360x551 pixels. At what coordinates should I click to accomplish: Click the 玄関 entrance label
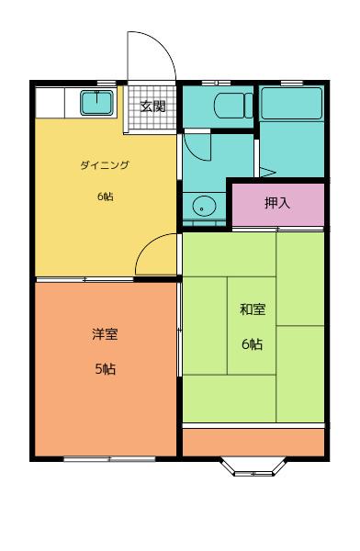[153, 106]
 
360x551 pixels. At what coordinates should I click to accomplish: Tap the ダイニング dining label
[105, 164]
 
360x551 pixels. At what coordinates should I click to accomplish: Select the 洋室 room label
[105, 333]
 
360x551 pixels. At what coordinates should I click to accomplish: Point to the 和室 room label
[253, 309]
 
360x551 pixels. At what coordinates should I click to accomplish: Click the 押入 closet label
[277, 203]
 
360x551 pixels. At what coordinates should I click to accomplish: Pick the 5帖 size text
[105, 369]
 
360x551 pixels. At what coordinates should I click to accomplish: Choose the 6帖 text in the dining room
[105, 197]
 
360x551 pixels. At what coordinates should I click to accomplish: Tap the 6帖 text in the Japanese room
[252, 343]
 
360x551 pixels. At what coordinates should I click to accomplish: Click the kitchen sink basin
[97, 103]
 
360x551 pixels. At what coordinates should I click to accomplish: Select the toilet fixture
[233, 105]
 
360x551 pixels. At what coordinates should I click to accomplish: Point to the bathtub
[291, 104]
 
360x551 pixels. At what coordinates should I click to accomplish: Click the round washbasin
[204, 207]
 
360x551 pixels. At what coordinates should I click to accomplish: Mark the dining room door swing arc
[148, 244]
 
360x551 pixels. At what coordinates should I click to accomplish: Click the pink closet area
[278, 205]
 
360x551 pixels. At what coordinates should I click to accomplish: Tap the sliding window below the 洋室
[109, 459]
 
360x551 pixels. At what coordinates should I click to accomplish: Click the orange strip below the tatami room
[253, 442]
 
